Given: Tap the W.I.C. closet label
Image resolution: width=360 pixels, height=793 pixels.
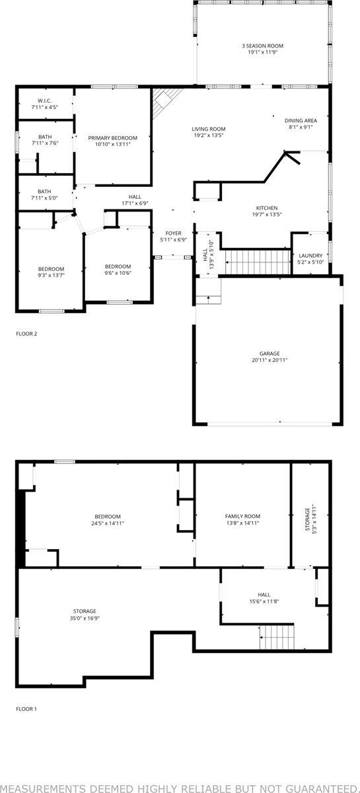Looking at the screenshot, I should click(45, 100).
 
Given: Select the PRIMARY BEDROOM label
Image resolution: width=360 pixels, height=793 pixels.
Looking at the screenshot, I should click(113, 137).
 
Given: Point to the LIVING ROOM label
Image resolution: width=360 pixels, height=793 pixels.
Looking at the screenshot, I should click(209, 129).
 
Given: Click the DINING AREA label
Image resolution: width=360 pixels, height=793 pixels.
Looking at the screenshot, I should click(301, 120).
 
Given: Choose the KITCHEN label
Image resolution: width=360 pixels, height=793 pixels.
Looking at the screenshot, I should click(267, 208).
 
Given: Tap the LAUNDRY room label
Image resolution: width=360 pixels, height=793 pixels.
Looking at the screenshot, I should click(310, 256).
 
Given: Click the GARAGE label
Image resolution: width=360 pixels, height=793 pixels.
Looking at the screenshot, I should click(270, 354).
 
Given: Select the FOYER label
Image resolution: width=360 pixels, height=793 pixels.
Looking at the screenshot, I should click(173, 233).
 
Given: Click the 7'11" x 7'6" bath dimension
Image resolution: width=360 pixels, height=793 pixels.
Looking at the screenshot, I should click(45, 143).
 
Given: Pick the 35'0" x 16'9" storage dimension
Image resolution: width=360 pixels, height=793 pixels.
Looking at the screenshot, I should click(85, 618).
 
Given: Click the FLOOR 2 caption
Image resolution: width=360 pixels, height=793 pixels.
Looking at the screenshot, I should click(26, 334).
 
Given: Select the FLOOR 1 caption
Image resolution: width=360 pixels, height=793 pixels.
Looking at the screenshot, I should click(26, 709).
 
